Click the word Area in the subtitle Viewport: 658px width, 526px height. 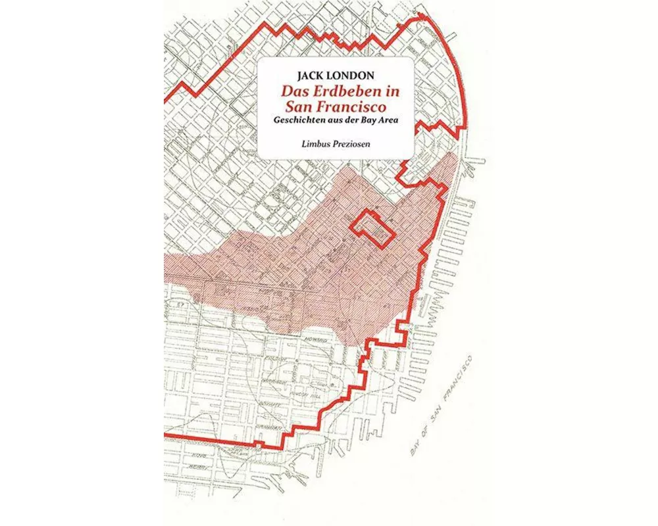pyautogui.click(x=389, y=120)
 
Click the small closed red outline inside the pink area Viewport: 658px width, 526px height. pyautogui.click(x=372, y=229)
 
